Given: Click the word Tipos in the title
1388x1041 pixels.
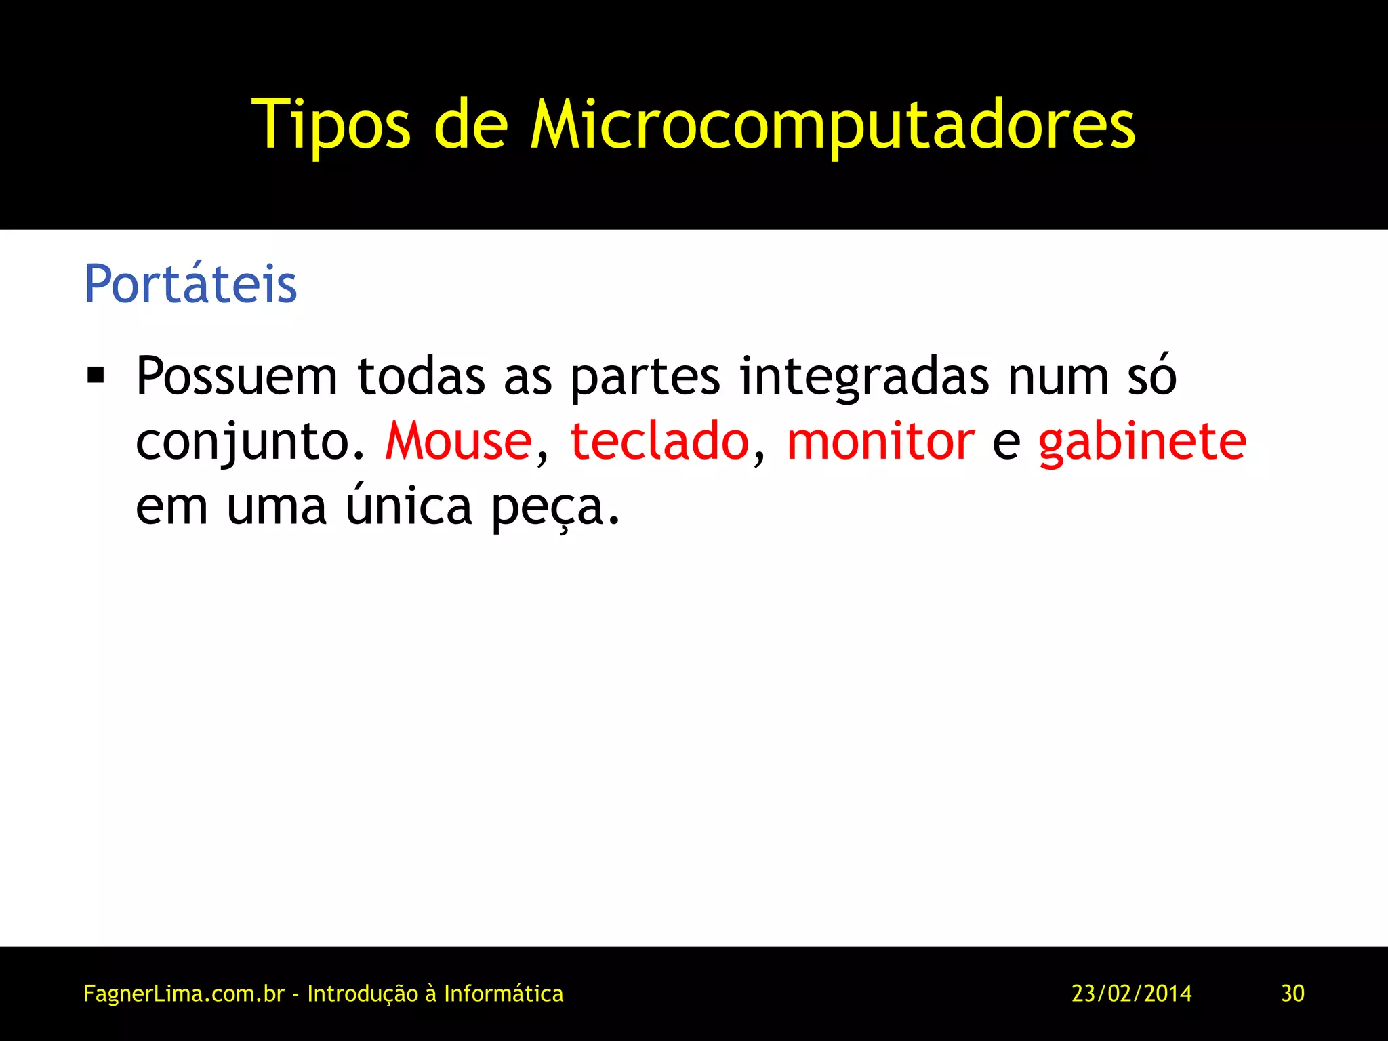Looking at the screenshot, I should tap(331, 125).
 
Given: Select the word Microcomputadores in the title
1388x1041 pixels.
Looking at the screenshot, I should tap(832, 125).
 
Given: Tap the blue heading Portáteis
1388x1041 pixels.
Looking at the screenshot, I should tap(190, 284).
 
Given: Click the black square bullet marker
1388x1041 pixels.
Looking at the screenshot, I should tap(96, 375).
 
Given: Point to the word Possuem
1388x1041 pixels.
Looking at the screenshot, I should tap(237, 376).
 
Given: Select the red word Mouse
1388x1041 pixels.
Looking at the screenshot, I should tap(459, 441).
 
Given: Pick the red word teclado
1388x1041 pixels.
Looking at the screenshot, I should tap(659, 441).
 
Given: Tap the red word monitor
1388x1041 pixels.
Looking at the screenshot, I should tap(880, 441).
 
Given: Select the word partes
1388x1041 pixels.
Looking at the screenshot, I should tap(645, 377).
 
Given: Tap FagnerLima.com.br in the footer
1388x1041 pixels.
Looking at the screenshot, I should tap(184, 994).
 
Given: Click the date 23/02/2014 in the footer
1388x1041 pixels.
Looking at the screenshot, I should tap(1131, 994).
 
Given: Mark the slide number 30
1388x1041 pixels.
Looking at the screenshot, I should tap(1292, 994).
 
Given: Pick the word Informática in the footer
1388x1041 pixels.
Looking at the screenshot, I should tap(504, 994).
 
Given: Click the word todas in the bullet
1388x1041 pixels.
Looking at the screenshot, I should tap(421, 376).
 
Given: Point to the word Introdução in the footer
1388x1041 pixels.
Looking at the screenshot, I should tap(363, 994).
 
